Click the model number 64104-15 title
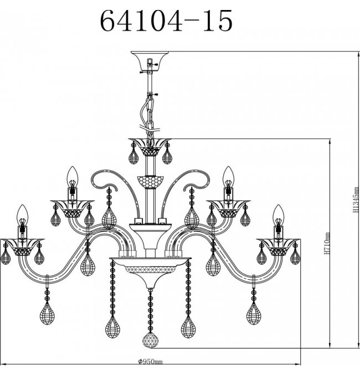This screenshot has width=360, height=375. click(x=166, y=21)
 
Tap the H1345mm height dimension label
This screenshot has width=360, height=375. click(x=356, y=200)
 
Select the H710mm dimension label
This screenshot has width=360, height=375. click(x=327, y=244)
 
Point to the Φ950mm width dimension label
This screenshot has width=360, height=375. click(x=150, y=361)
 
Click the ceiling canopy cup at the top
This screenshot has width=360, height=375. click(x=150, y=61)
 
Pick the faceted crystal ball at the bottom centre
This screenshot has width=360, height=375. click(x=150, y=340)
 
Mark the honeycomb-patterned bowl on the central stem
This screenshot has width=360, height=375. click(x=151, y=182)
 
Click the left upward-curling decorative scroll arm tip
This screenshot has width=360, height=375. click(x=116, y=190)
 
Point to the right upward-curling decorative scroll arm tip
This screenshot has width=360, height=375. click(x=184, y=190)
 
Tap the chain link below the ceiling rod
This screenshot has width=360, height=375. click(x=150, y=117)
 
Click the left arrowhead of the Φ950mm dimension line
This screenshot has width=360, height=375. click(x=3, y=364)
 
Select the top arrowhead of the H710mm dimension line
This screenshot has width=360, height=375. click(x=330, y=142)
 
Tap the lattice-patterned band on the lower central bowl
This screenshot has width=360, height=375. click(x=150, y=270)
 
